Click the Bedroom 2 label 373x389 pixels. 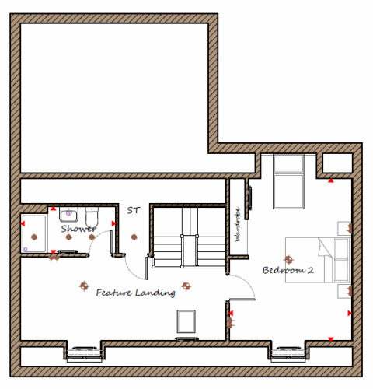pyautogui.click(x=288, y=270)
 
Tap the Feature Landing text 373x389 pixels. pyautogui.click(x=136, y=293)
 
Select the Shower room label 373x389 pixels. pyautogui.click(x=78, y=229)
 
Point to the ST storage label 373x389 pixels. pyautogui.click(x=134, y=210)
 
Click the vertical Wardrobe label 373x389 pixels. pyautogui.click(x=238, y=224)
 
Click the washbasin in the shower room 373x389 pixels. pyautogui.click(x=68, y=215)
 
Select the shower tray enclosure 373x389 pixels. pyautogui.click(x=34, y=233)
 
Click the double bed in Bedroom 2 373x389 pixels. pyautogui.click(x=318, y=260)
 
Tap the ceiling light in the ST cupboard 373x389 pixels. pyautogui.click(x=134, y=237)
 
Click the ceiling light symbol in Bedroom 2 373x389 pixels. pyautogui.click(x=288, y=259)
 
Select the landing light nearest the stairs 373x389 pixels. pyautogui.click(x=186, y=286)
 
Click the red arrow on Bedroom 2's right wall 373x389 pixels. pyautogui.click(x=350, y=314)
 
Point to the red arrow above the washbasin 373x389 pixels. pyautogui.click(x=53, y=209)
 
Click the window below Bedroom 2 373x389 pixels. pyautogui.click(x=288, y=353)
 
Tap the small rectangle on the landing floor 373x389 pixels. pyautogui.click(x=186, y=321)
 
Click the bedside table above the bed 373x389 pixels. pyautogui.click(x=344, y=228)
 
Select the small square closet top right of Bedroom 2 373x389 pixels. pyautogui.click(x=337, y=163)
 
